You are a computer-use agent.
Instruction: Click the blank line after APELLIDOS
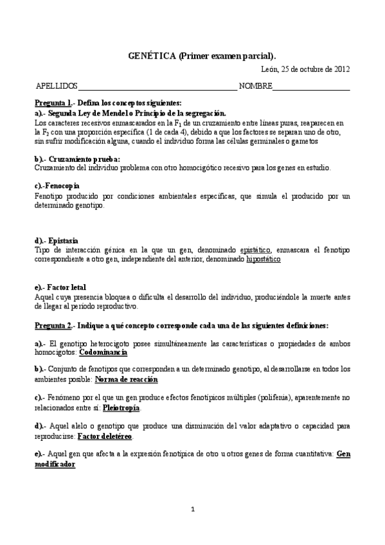pyautogui.click(x=157, y=86)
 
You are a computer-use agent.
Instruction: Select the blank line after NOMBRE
pyautogui.click(x=311, y=86)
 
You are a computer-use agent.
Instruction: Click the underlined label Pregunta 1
pyautogui.click(x=53, y=103)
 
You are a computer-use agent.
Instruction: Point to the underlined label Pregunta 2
pyautogui.click(x=53, y=326)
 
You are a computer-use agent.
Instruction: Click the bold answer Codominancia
pyautogui.click(x=103, y=352)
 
